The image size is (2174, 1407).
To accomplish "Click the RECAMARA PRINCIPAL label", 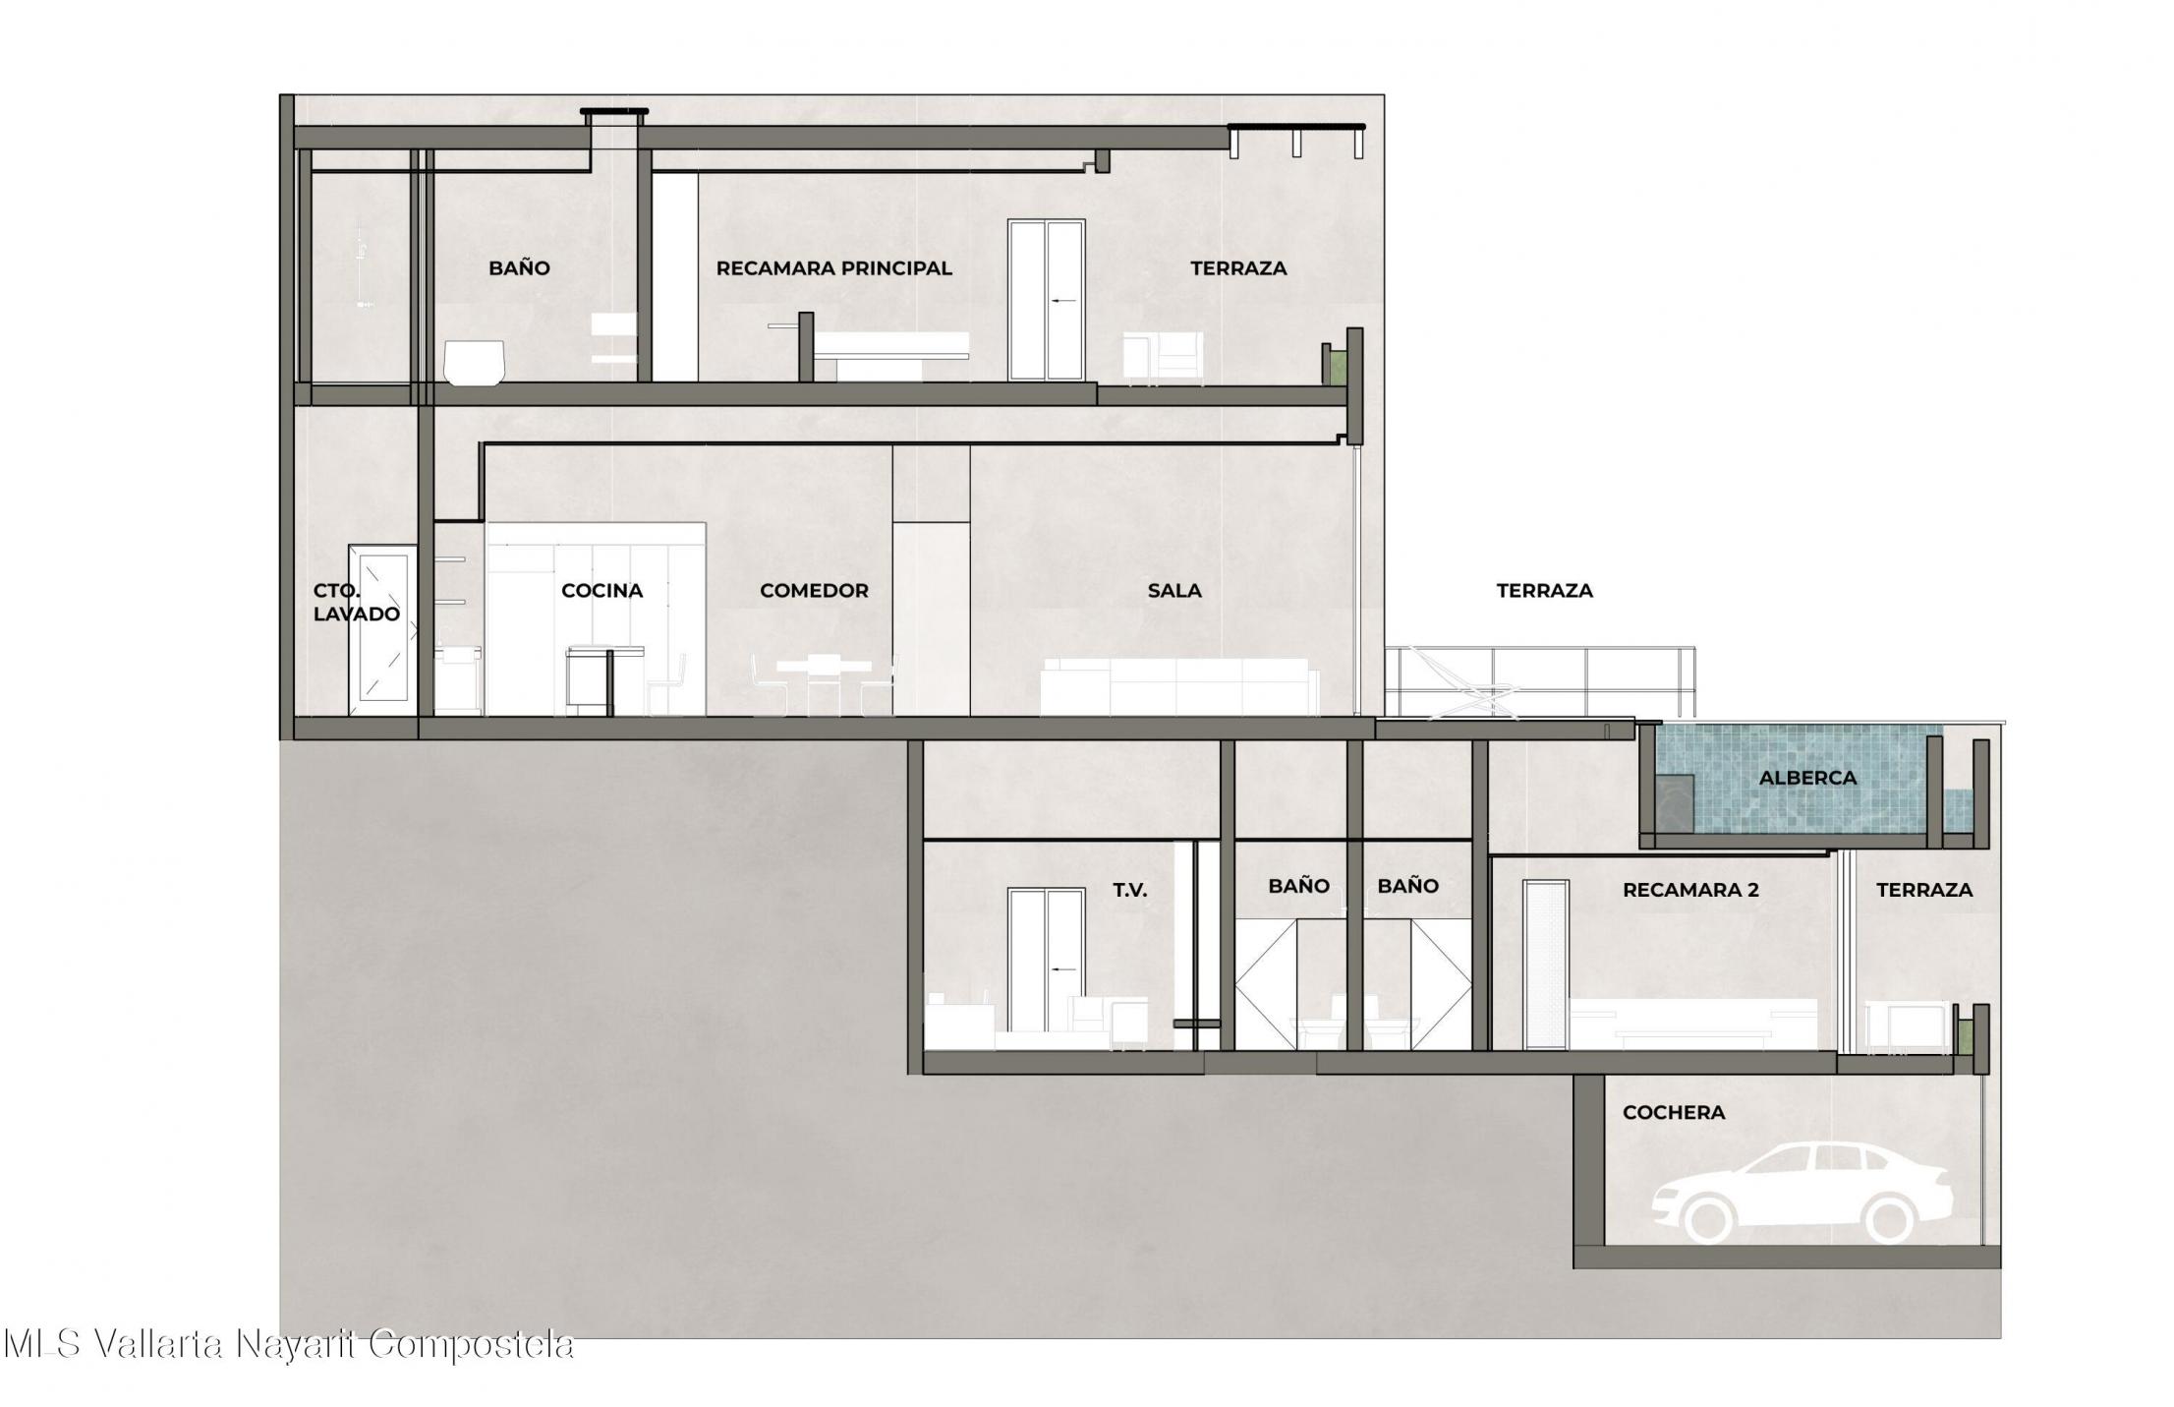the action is [833, 267].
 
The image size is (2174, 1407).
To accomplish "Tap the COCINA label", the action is [601, 590].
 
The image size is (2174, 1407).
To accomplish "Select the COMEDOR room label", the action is [814, 590].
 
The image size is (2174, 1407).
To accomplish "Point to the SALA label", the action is [1174, 590].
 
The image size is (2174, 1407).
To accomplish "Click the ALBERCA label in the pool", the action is [1807, 778].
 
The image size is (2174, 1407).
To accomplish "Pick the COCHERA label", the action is [1674, 1112].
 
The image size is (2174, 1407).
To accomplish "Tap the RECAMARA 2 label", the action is [1690, 890].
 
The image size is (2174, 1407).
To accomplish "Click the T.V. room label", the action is [1129, 890].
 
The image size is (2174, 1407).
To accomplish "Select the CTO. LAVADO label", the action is [356, 602].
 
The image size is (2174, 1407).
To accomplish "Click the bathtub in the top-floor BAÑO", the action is [475, 362].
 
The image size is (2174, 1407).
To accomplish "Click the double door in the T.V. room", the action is [1047, 964].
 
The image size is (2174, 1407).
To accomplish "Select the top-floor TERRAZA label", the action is [1238, 267].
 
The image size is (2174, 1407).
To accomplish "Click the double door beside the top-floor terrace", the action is [1047, 300].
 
